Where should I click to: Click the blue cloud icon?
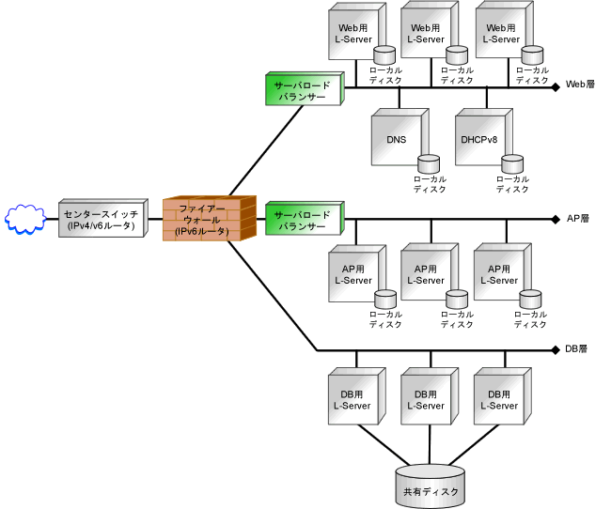tap(25, 219)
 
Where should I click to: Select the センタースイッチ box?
tap(103, 218)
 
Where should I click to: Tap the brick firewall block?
tap(210, 218)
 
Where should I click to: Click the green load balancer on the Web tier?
tap(305, 88)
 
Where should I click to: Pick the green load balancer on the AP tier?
tap(305, 218)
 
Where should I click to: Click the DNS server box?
tap(399, 137)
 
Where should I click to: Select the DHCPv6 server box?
tap(483, 137)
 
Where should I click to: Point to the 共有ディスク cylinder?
tap(431, 486)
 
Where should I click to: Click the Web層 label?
tap(580, 85)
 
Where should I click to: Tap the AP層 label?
tap(578, 219)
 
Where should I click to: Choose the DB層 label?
tap(576, 349)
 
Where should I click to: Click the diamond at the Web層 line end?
tap(556, 87)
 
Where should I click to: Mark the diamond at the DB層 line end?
tap(556, 350)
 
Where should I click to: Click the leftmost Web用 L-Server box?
tap(357, 31)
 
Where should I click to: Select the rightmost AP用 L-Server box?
tap(503, 272)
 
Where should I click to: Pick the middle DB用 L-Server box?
tap(430, 396)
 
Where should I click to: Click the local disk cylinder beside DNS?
tap(429, 164)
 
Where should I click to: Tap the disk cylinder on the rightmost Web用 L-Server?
tap(532, 54)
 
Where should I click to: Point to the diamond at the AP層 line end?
tap(556, 220)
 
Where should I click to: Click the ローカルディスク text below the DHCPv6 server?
tap(512, 184)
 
